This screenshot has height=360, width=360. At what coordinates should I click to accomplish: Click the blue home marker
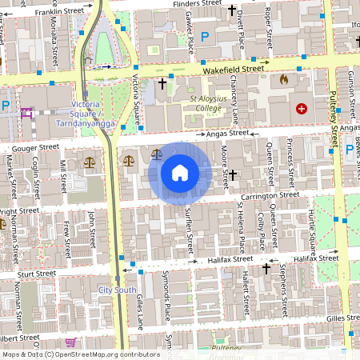tap(179, 172)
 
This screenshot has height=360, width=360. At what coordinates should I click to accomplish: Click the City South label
tap(116, 290)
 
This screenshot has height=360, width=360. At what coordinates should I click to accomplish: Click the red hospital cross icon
tap(302, 108)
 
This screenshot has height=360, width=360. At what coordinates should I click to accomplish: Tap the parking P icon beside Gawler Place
tap(205, 36)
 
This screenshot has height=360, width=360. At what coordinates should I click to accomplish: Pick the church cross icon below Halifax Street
tap(266, 270)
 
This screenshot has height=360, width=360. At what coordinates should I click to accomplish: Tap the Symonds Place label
tap(167, 298)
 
